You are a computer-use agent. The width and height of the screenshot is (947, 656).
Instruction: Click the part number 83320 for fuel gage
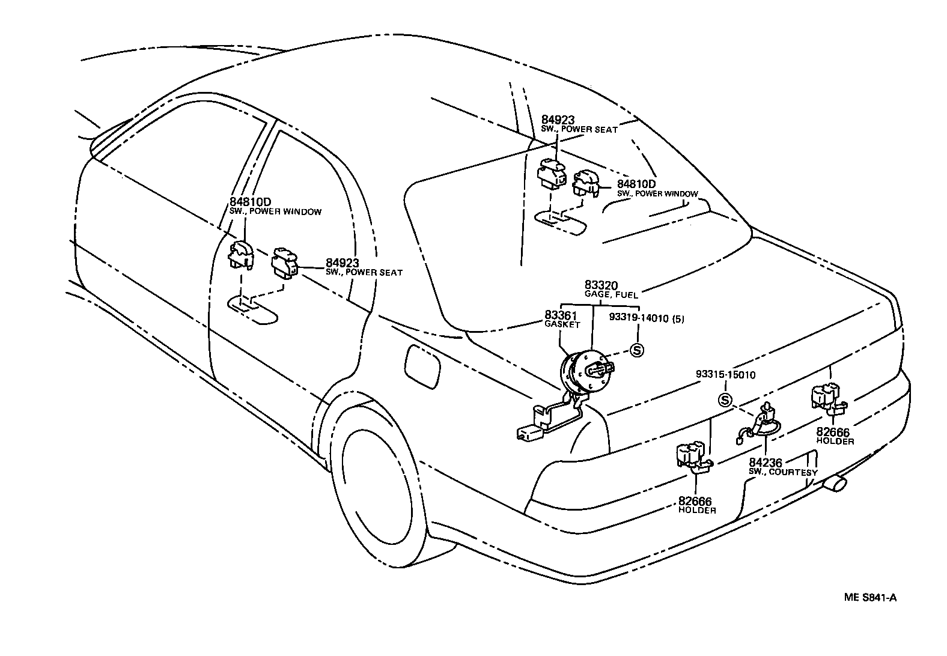[x=601, y=285]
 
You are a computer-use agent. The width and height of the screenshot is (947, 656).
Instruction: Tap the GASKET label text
[x=562, y=324]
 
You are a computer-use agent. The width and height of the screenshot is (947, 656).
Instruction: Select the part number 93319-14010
[x=637, y=318]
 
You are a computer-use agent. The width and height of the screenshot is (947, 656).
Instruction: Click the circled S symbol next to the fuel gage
[x=636, y=350]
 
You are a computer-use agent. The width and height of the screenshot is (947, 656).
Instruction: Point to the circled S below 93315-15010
[x=726, y=400]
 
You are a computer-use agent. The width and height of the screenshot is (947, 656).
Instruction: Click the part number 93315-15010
[x=725, y=374]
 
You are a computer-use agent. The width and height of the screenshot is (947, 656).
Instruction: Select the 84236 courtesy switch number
[x=765, y=463]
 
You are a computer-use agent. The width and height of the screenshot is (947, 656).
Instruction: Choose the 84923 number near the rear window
[x=558, y=121]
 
